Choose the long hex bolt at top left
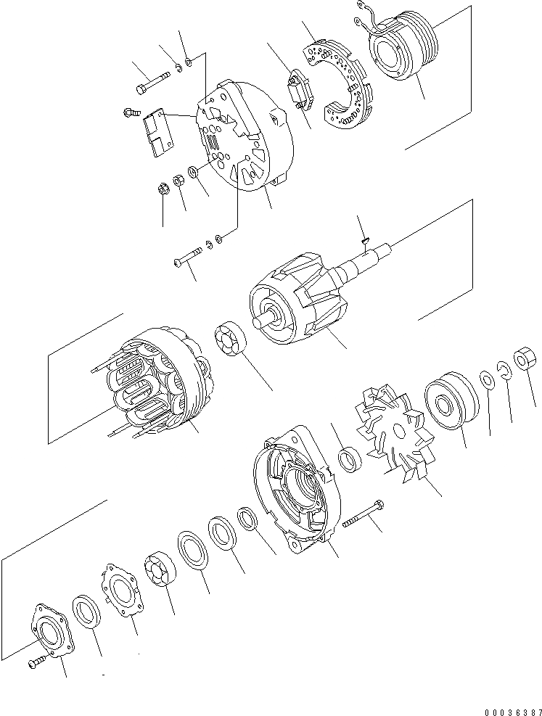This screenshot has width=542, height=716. (152, 82)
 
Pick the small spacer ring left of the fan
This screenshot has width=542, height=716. (350, 459)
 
